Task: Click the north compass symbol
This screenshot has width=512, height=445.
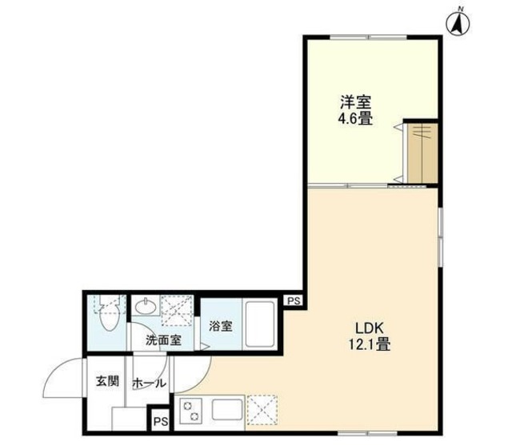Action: coord(458,23)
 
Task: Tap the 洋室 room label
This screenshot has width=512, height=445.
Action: coord(355,102)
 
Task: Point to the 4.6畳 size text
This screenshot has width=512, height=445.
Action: coord(355,119)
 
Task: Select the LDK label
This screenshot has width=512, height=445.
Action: coord(369,328)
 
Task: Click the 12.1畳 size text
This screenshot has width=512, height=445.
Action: coord(370,344)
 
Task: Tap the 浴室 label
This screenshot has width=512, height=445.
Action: coord(221,326)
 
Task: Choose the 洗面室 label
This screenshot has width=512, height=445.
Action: coord(163,340)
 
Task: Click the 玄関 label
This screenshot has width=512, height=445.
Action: coord(107,381)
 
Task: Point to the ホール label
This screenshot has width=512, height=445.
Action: coord(149,383)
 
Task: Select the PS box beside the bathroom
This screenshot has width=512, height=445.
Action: coord(294,301)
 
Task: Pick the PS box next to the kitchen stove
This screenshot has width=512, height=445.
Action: coord(161,422)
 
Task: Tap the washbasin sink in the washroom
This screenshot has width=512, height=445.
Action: coord(146,307)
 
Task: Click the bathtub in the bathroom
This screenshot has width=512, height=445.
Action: coord(259,324)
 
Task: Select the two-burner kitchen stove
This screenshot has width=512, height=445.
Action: coord(190,411)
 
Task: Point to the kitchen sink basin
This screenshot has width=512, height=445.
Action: coord(227,410)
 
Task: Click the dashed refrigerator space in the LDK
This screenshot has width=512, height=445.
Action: coord(262,411)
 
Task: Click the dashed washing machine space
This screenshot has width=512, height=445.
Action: coord(177,311)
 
